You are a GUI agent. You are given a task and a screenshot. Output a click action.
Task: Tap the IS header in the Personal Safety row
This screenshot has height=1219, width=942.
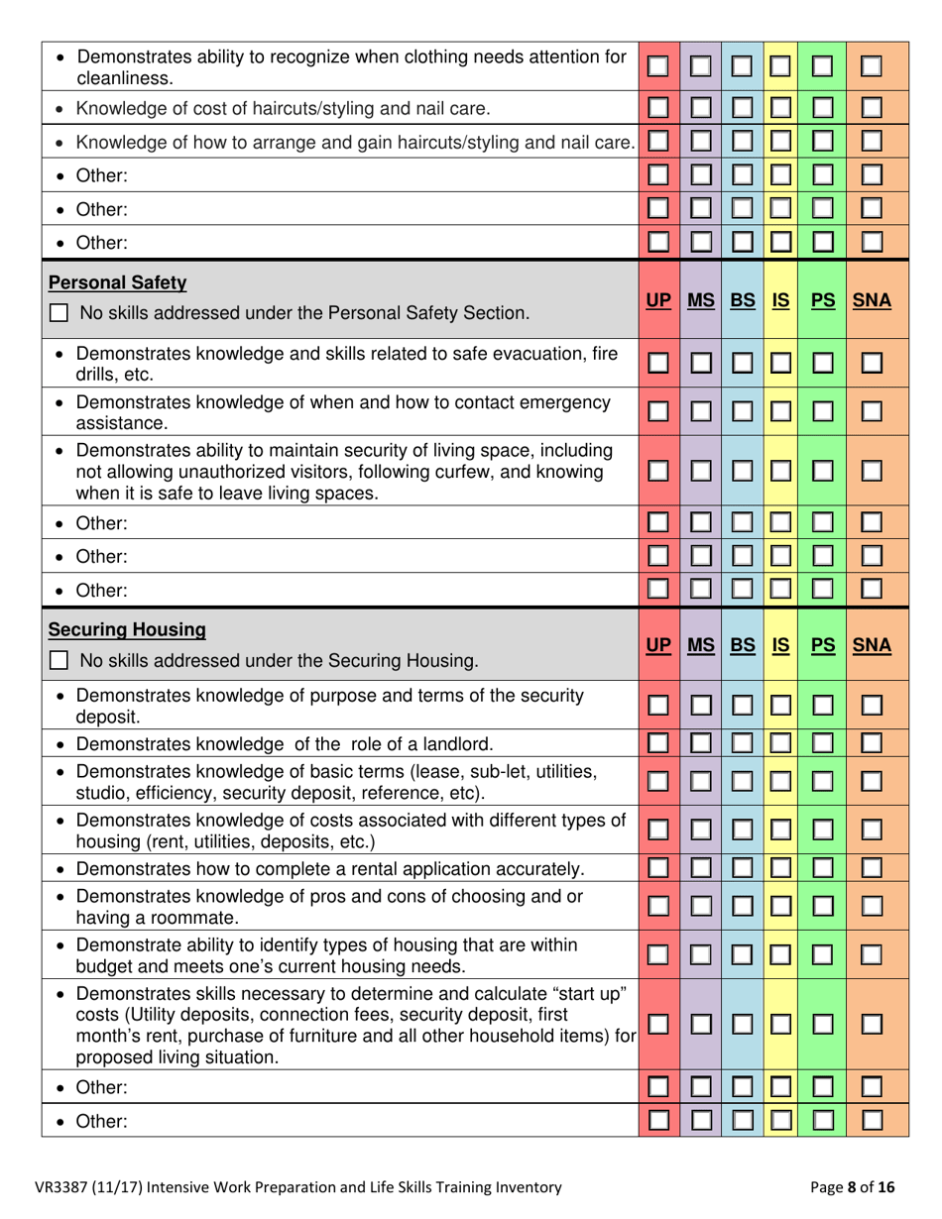780,299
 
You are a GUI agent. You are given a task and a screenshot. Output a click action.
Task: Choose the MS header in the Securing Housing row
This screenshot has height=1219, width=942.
701,645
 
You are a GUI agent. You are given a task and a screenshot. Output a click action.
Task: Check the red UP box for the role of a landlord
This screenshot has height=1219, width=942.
658,743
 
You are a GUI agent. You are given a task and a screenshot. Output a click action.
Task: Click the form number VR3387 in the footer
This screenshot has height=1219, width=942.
67,1186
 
